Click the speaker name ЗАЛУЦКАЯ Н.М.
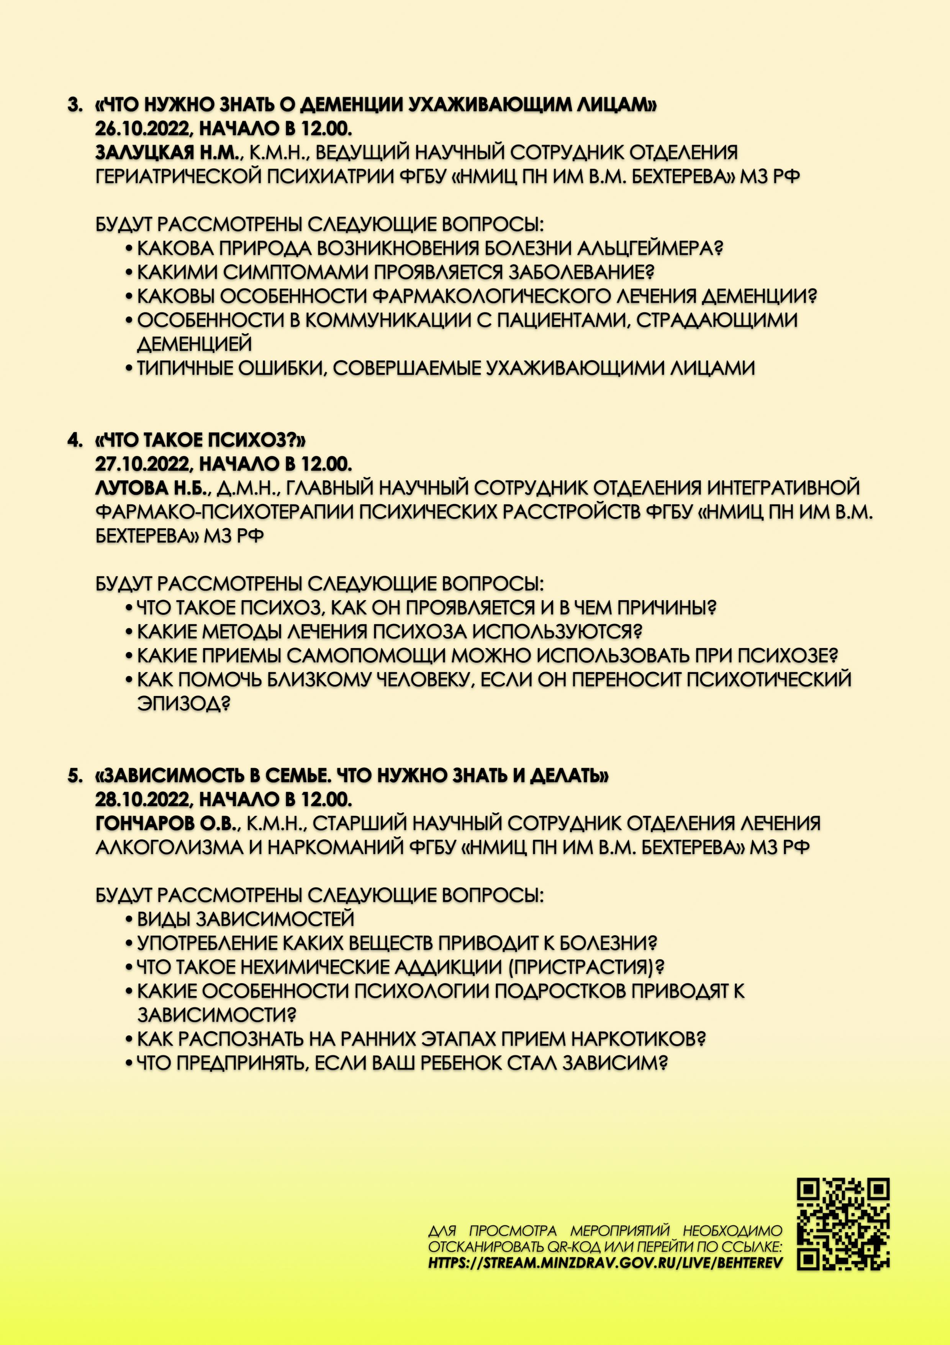(x=168, y=152)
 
